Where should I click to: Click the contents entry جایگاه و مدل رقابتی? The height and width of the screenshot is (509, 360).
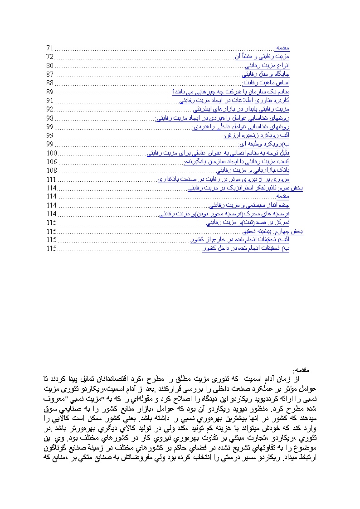tap(266, 74)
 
